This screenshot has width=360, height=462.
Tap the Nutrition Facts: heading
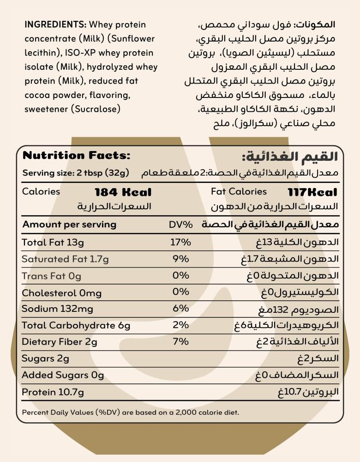(77, 156)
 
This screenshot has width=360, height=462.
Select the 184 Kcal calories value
(123, 192)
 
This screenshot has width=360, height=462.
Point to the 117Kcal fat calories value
(312, 192)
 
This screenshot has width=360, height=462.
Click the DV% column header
(180, 225)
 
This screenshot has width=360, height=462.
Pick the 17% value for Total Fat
(180, 242)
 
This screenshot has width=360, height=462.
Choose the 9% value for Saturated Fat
(180, 259)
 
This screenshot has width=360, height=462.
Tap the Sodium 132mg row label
(57, 309)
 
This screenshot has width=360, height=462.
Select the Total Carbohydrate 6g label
(76, 326)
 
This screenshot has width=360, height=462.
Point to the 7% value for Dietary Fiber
(180, 342)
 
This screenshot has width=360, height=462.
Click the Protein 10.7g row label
(53, 392)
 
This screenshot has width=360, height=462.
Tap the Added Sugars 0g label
(63, 375)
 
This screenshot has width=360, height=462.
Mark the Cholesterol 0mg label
(62, 293)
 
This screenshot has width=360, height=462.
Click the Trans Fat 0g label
(51, 276)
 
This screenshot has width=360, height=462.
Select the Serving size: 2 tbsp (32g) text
(76, 173)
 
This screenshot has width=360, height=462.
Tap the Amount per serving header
(69, 225)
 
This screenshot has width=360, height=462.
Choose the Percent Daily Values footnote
(131, 412)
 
